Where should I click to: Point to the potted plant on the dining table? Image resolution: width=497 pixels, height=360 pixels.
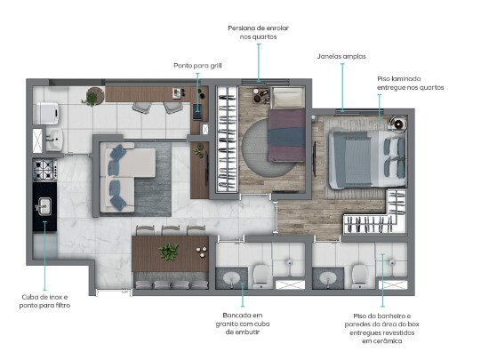click(x=168, y=252)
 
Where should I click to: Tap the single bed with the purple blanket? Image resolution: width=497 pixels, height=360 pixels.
click(x=286, y=124)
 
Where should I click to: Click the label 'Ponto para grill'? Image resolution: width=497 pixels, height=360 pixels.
click(x=197, y=65)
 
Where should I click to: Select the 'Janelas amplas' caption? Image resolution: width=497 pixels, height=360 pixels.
click(x=339, y=55)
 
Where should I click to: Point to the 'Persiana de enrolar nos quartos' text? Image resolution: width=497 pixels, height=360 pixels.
click(x=259, y=33)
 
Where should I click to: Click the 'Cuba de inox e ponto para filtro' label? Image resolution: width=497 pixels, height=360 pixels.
click(x=46, y=300)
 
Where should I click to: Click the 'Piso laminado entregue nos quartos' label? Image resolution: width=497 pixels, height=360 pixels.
click(x=409, y=83)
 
